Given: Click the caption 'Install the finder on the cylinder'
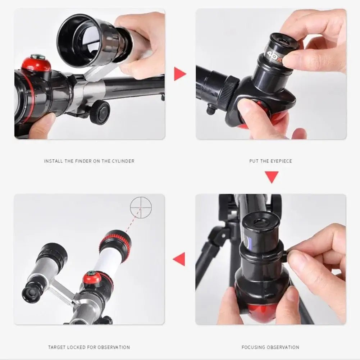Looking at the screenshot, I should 89,161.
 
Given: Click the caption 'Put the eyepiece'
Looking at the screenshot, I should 270,161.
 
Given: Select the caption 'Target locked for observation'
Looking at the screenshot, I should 89,347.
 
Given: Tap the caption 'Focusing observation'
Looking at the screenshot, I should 270,347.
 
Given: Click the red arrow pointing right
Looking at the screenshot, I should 179,74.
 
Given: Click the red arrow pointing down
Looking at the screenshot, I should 272,177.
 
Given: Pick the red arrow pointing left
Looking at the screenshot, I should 179,259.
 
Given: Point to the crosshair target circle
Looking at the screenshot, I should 141,208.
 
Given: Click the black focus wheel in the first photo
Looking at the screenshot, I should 99,112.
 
